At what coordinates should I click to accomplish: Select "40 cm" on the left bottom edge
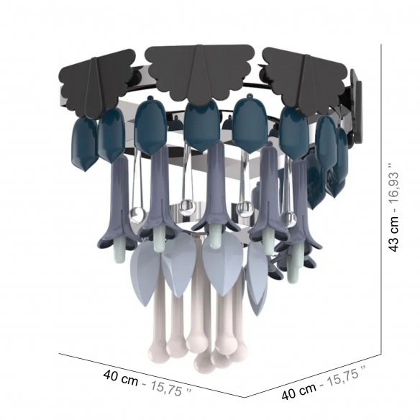[x=121, y=377]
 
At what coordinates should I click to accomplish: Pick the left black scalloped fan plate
[x=98, y=83]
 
